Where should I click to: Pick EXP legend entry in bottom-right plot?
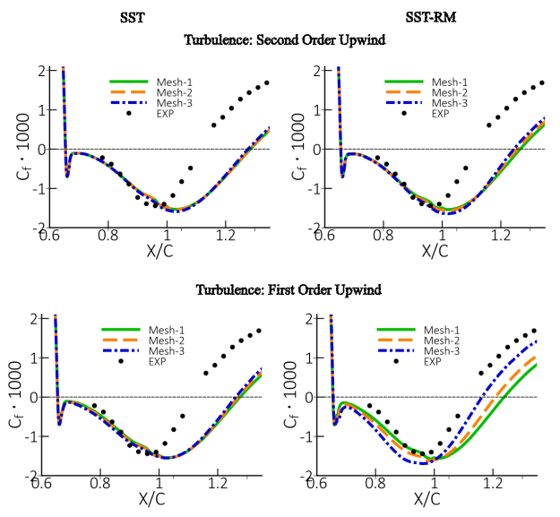(x=431, y=361)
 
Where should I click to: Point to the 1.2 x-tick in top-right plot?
(x=493, y=235)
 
